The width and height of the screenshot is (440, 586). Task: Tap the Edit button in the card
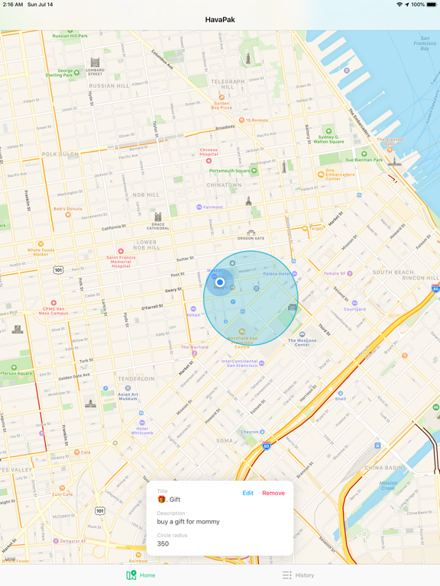(x=247, y=493)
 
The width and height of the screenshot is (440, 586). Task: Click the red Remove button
(x=273, y=493)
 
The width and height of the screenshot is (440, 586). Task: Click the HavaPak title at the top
(x=220, y=19)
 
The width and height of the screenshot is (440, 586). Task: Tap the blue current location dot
(x=220, y=282)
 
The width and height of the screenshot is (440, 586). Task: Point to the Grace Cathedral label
(x=158, y=224)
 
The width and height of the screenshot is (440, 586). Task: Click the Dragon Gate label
(x=251, y=237)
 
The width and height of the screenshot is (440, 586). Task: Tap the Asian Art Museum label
(x=128, y=396)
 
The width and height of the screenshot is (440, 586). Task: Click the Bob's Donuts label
(x=67, y=209)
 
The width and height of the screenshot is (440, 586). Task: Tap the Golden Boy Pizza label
(x=222, y=105)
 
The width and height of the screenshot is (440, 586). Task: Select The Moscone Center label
(x=302, y=343)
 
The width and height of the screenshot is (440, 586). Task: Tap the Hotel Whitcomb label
(x=142, y=430)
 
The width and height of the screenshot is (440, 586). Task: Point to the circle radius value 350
(x=163, y=544)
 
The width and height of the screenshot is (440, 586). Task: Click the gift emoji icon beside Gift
(x=162, y=500)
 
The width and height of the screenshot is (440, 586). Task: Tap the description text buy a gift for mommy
(x=189, y=522)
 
